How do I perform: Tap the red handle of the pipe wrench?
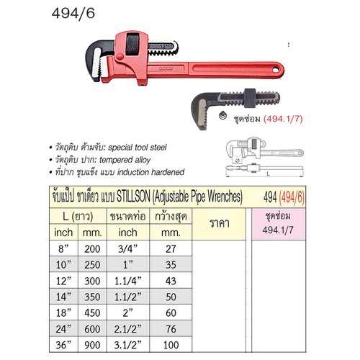coord(230,70)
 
